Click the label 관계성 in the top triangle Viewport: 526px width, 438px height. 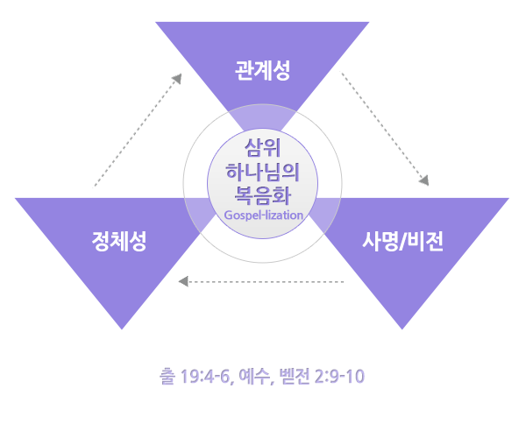pos(263,68)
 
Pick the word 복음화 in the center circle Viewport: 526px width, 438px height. pos(263,194)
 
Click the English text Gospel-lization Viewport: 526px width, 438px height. pos(263,215)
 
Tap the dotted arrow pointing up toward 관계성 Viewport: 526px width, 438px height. pos(137,131)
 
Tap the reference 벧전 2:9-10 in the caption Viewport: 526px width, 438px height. pos(321,378)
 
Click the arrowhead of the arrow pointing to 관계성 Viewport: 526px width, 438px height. pos(178,78)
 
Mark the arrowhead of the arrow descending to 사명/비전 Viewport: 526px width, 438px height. pos(425,181)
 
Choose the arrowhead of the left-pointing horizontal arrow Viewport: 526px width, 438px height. pos(182,282)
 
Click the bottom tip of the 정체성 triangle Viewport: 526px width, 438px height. pos(119,328)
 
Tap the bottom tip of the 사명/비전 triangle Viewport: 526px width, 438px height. pos(402,328)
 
